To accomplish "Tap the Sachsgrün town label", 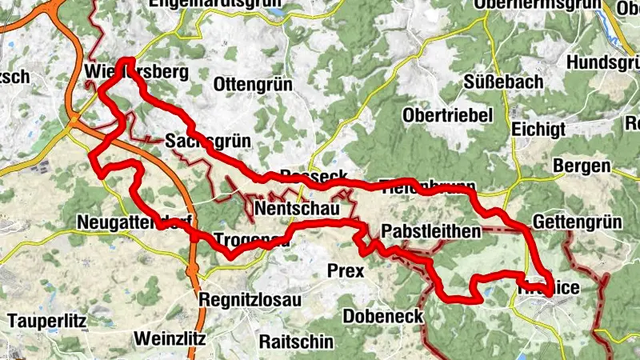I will click(x=209, y=141).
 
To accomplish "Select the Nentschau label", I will click(x=297, y=210).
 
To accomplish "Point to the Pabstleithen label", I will click(x=431, y=232).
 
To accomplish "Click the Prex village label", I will click(x=346, y=270).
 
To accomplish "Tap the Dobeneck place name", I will click(x=383, y=316).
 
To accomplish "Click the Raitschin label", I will click(x=296, y=340).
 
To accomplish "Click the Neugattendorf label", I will click(x=128, y=222).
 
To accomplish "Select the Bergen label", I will click(x=582, y=166).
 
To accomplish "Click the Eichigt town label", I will click(x=538, y=129).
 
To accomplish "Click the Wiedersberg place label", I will click(x=136, y=73).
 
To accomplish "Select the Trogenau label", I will click(x=251, y=238).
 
